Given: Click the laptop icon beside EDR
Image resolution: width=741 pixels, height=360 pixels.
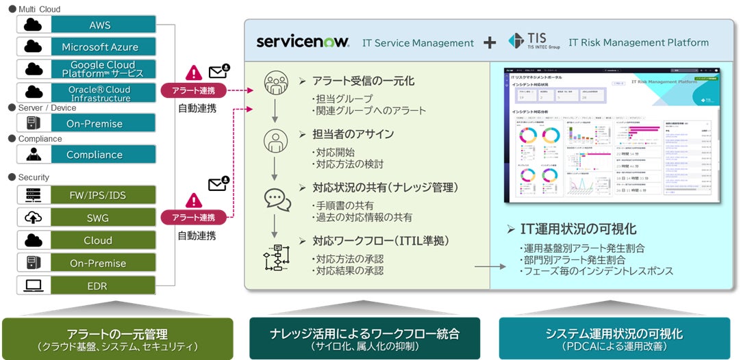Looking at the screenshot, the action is (33, 285).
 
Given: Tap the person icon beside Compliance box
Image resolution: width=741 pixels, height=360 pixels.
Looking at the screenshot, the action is (33, 155).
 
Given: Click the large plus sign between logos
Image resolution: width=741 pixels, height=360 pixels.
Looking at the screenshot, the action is (490, 42).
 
